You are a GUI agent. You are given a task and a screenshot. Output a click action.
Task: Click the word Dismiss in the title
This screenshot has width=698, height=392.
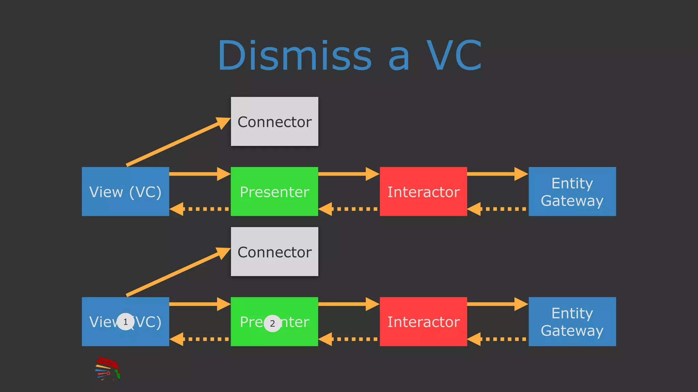point(295,56)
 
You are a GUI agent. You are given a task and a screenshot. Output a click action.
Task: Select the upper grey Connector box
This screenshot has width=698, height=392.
point(274,121)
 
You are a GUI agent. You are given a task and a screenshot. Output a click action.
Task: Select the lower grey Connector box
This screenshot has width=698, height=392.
point(274,252)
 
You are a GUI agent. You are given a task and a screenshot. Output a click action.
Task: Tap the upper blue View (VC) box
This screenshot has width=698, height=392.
point(125,192)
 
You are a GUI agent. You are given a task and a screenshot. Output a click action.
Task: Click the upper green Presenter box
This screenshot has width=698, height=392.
point(274,192)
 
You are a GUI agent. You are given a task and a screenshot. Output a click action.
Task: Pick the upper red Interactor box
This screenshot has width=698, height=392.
point(423,192)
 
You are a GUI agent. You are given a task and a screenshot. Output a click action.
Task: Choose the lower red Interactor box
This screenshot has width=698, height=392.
point(423,322)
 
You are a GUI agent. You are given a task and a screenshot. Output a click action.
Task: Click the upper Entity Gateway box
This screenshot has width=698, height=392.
point(572,192)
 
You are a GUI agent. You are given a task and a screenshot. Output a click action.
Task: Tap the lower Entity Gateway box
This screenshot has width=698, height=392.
point(572,322)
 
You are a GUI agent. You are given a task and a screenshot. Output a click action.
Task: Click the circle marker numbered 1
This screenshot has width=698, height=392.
point(125,322)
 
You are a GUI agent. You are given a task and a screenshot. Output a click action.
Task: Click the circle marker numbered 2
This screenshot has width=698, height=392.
point(272,323)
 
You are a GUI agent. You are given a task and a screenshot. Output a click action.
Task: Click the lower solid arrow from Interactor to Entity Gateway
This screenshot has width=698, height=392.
point(497,304)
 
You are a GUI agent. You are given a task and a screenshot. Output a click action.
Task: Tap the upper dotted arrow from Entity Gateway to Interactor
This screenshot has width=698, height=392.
point(497,209)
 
